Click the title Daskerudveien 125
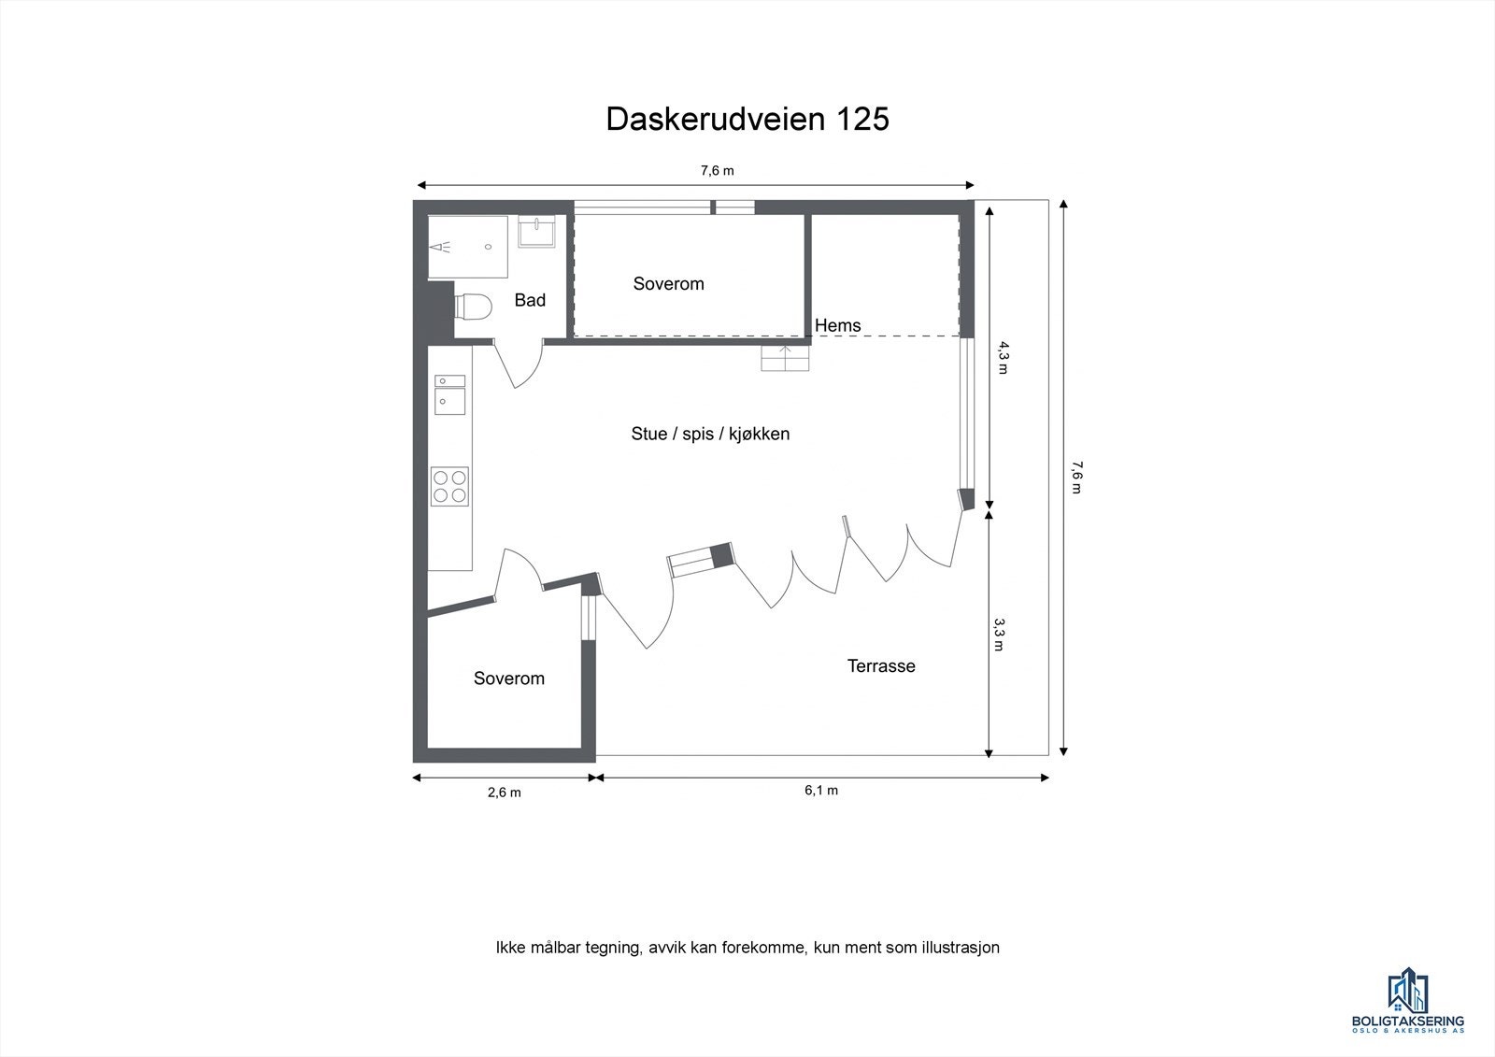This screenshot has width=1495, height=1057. point(747,120)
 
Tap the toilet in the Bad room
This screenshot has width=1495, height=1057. point(475,307)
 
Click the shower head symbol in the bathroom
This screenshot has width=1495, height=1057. point(441,247)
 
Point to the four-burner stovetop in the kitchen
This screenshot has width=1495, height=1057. point(449,486)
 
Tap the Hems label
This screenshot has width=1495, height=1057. point(837,325)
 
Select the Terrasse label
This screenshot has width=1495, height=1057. point(880,666)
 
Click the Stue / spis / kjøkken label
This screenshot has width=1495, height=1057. point(710,434)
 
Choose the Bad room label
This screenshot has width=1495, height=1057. point(530,300)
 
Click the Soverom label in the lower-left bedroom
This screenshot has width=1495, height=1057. point(508,678)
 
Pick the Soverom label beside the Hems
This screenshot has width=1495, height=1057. point(668,283)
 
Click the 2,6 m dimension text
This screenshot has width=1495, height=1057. point(504,793)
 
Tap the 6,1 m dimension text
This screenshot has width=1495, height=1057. point(821,791)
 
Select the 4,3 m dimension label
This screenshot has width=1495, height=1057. point(1002,357)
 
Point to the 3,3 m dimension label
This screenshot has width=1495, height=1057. point(998,633)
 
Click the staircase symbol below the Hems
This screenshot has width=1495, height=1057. point(785,358)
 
